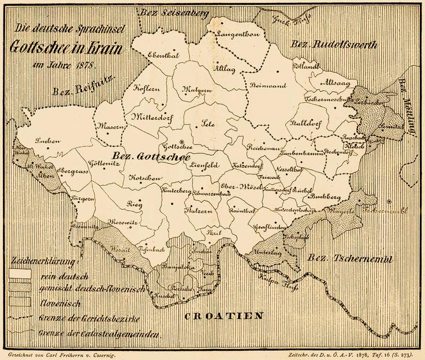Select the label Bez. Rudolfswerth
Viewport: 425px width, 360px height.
point(334,45)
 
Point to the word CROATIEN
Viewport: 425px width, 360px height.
point(224,316)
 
